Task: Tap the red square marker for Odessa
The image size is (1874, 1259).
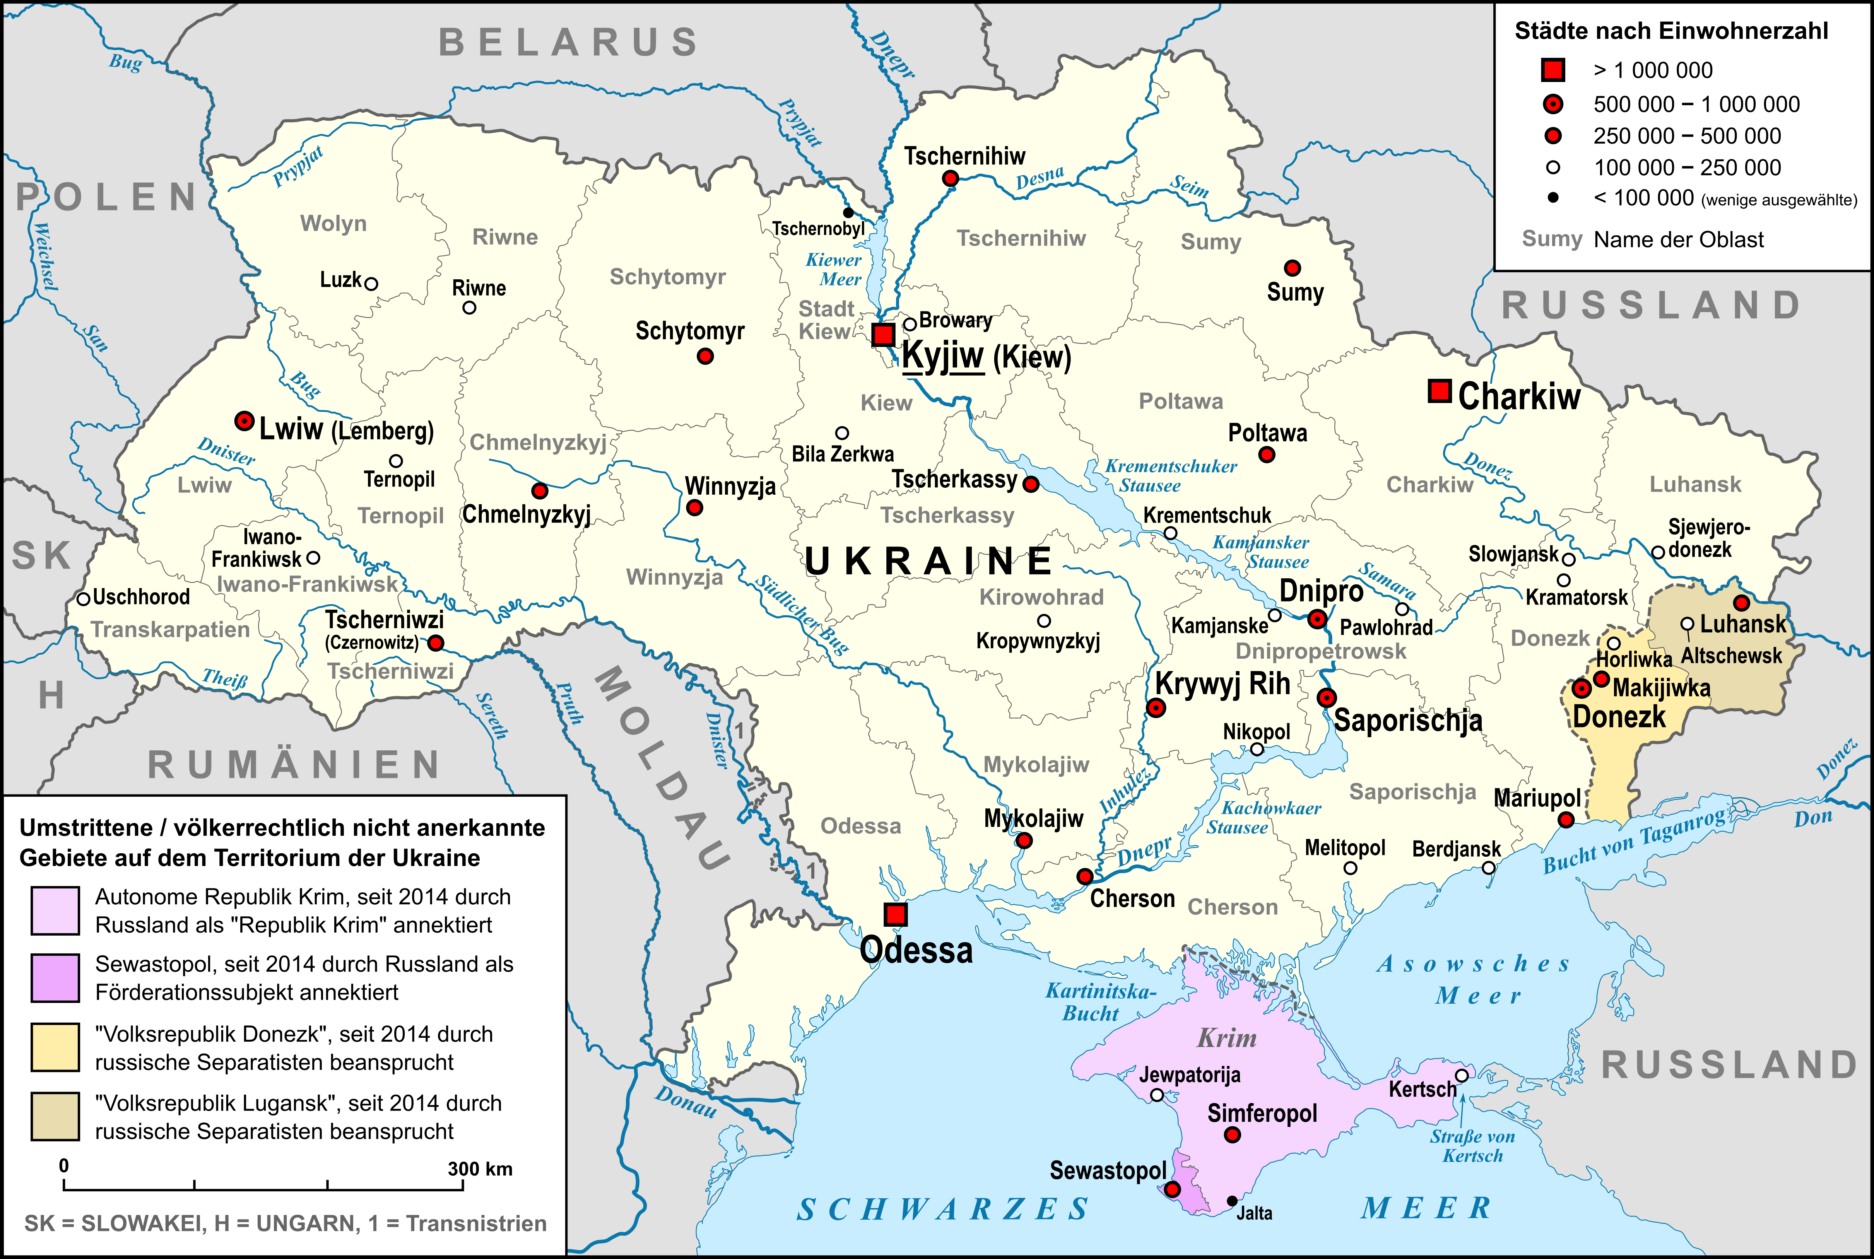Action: tap(895, 914)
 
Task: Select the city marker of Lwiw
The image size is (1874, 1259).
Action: tap(244, 421)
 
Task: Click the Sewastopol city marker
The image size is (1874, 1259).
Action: tap(1172, 1189)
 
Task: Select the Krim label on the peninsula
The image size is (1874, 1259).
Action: tap(1227, 1038)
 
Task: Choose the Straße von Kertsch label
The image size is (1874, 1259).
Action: tap(1472, 1146)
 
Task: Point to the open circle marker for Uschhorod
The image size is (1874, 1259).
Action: tap(83, 599)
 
